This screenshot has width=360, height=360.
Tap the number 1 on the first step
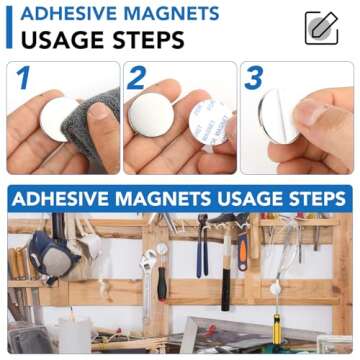[x=23, y=79]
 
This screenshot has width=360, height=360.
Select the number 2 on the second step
[x=137, y=79]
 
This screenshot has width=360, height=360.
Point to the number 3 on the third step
[x=254, y=79]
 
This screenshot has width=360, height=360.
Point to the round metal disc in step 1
[x=59, y=118]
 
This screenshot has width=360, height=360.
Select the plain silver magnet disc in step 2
[x=151, y=115]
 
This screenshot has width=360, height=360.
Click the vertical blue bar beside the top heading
[x=9, y=27]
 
